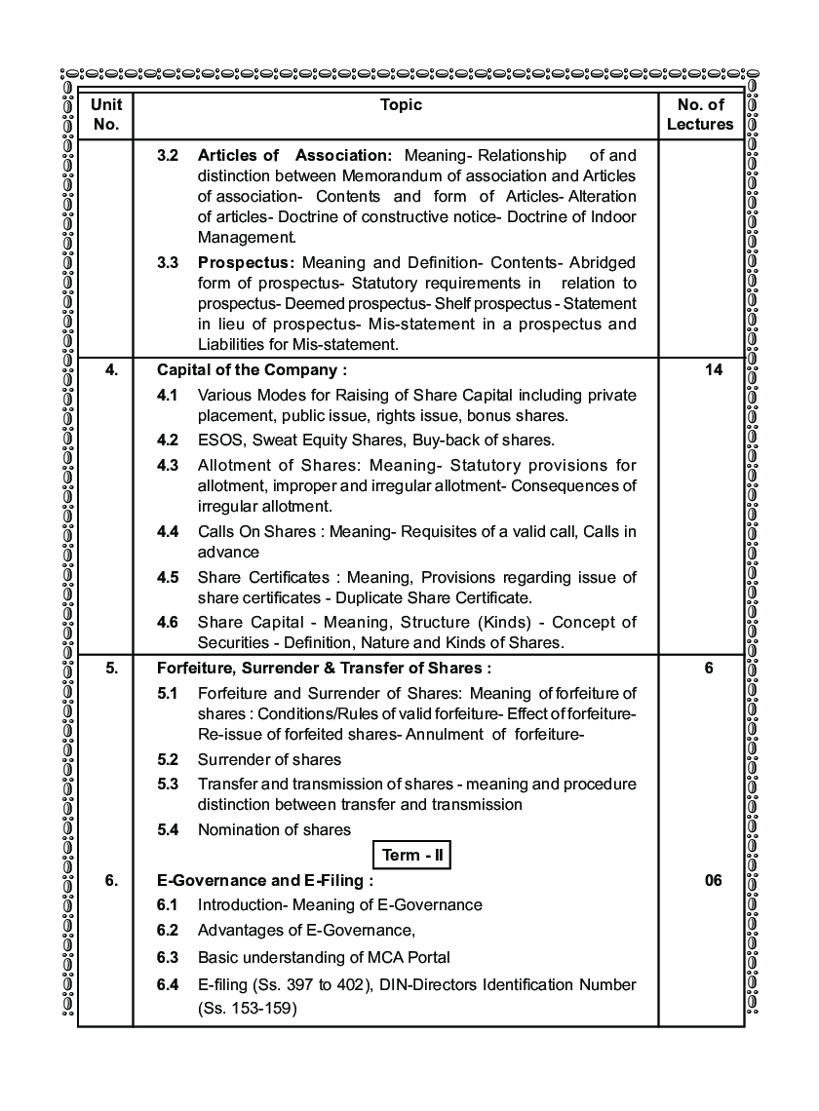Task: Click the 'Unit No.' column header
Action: tap(105, 115)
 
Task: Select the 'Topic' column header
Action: tap(401, 105)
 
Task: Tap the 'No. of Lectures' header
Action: tap(700, 115)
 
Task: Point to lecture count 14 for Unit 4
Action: tap(712, 370)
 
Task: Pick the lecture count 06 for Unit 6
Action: tap(712, 880)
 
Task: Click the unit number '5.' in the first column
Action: tap(111, 668)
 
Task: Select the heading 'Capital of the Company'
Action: tap(252, 370)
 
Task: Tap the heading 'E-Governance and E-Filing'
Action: tap(264, 880)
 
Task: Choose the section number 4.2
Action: tap(168, 440)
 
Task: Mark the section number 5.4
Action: tap(168, 829)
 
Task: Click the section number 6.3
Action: tap(168, 957)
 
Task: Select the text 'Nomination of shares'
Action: tap(274, 829)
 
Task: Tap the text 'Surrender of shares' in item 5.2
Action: tap(269, 759)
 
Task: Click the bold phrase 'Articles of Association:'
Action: tap(293, 155)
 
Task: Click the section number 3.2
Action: tap(168, 155)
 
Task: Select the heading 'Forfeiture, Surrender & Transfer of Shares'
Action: tap(324, 668)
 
